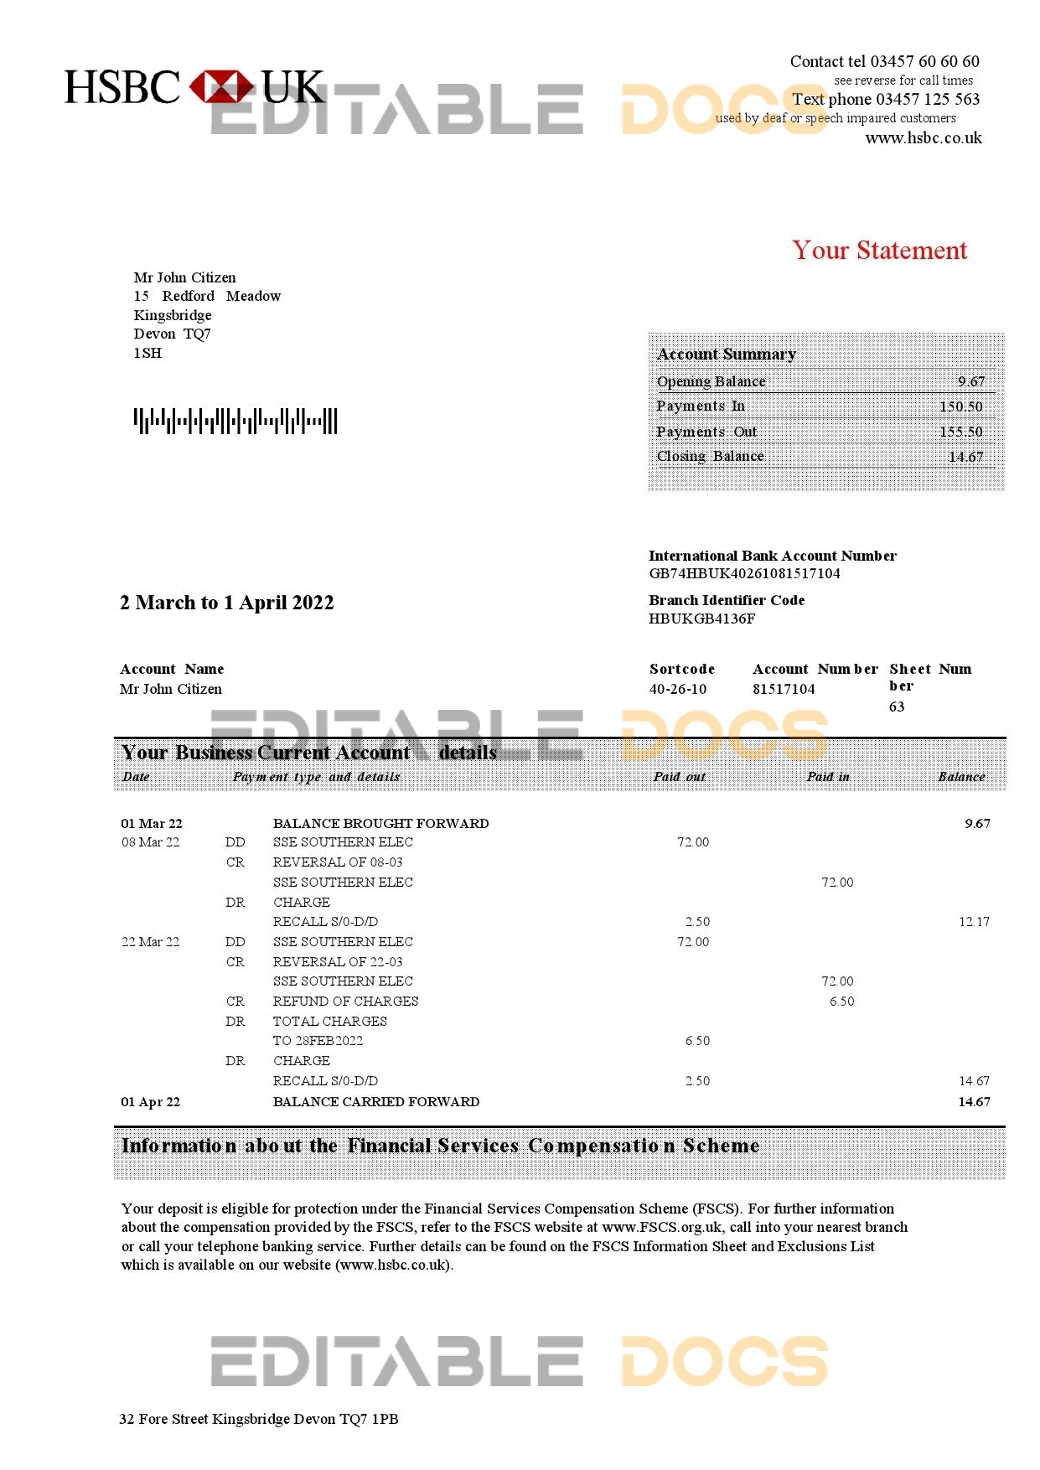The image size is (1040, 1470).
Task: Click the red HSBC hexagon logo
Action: [x=221, y=87]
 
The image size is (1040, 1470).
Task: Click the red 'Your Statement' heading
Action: [x=879, y=250]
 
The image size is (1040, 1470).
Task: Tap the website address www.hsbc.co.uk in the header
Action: [x=923, y=137]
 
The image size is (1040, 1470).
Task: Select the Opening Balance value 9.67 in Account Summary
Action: [x=971, y=381]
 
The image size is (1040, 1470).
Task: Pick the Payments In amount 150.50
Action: [x=960, y=406]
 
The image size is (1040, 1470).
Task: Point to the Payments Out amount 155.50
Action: [x=960, y=432]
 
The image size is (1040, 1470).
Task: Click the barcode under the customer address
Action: [x=235, y=421]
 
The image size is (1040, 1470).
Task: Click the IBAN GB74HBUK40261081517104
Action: [x=744, y=573]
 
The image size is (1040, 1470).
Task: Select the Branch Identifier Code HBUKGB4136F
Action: [x=701, y=619]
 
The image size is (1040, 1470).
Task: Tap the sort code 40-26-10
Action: [x=677, y=689]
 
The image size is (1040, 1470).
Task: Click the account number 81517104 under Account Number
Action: [x=784, y=689]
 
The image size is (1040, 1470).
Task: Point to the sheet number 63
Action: [x=897, y=707]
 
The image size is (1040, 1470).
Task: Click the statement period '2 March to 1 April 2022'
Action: [x=227, y=603]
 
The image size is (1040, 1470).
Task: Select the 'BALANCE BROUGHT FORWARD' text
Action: [x=380, y=823]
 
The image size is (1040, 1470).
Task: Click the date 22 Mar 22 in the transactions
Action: [x=151, y=942]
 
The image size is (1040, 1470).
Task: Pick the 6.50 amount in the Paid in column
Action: [x=841, y=1002]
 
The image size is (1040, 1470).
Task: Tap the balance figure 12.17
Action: [x=974, y=922]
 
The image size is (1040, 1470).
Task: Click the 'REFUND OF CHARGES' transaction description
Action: [x=345, y=1002]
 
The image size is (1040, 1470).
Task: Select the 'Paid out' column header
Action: [x=679, y=777]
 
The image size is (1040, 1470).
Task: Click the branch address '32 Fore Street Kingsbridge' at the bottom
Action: [x=258, y=1419]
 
